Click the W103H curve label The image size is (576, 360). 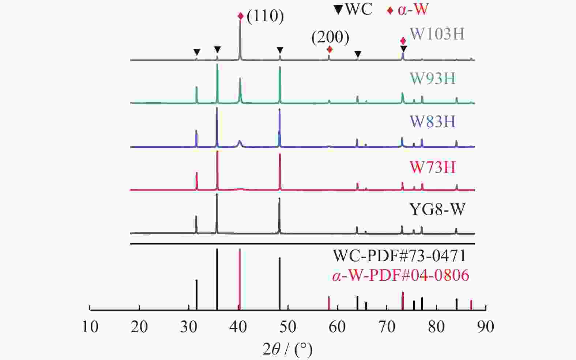437,34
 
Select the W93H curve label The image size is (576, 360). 432,78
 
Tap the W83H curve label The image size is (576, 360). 432,121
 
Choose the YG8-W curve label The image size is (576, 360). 437,210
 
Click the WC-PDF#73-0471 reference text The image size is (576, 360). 399,255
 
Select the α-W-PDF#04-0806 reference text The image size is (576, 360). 400,275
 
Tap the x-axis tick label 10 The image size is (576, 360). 90,327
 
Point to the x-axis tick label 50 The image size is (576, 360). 288,327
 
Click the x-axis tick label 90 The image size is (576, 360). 486,327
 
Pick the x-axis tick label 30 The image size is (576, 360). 189,327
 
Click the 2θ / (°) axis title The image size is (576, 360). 288,349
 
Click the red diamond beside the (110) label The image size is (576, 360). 240,16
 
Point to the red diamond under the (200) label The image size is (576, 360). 330,49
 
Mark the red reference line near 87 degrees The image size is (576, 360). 471,305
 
